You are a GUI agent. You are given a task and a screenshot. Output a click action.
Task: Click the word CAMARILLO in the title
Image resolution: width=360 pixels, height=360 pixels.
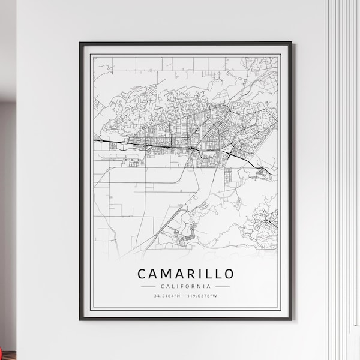pos(186,274)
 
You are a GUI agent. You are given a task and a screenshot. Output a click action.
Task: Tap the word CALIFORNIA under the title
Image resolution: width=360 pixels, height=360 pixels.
pos(186,286)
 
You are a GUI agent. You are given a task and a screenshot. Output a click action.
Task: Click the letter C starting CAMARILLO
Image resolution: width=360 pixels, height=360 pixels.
pos(142,274)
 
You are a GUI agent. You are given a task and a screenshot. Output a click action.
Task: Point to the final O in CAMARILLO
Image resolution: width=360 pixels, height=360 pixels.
pos(229,274)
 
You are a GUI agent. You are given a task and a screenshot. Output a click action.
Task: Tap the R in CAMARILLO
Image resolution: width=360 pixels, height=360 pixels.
pos(191,274)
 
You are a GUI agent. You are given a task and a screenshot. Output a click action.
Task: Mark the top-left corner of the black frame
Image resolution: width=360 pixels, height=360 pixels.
pos(80,43)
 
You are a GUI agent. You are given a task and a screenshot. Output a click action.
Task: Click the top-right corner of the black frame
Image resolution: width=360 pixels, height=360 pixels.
pos(291,43)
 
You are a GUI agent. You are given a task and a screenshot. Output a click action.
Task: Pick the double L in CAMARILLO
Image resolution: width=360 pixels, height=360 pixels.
pos(212,274)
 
